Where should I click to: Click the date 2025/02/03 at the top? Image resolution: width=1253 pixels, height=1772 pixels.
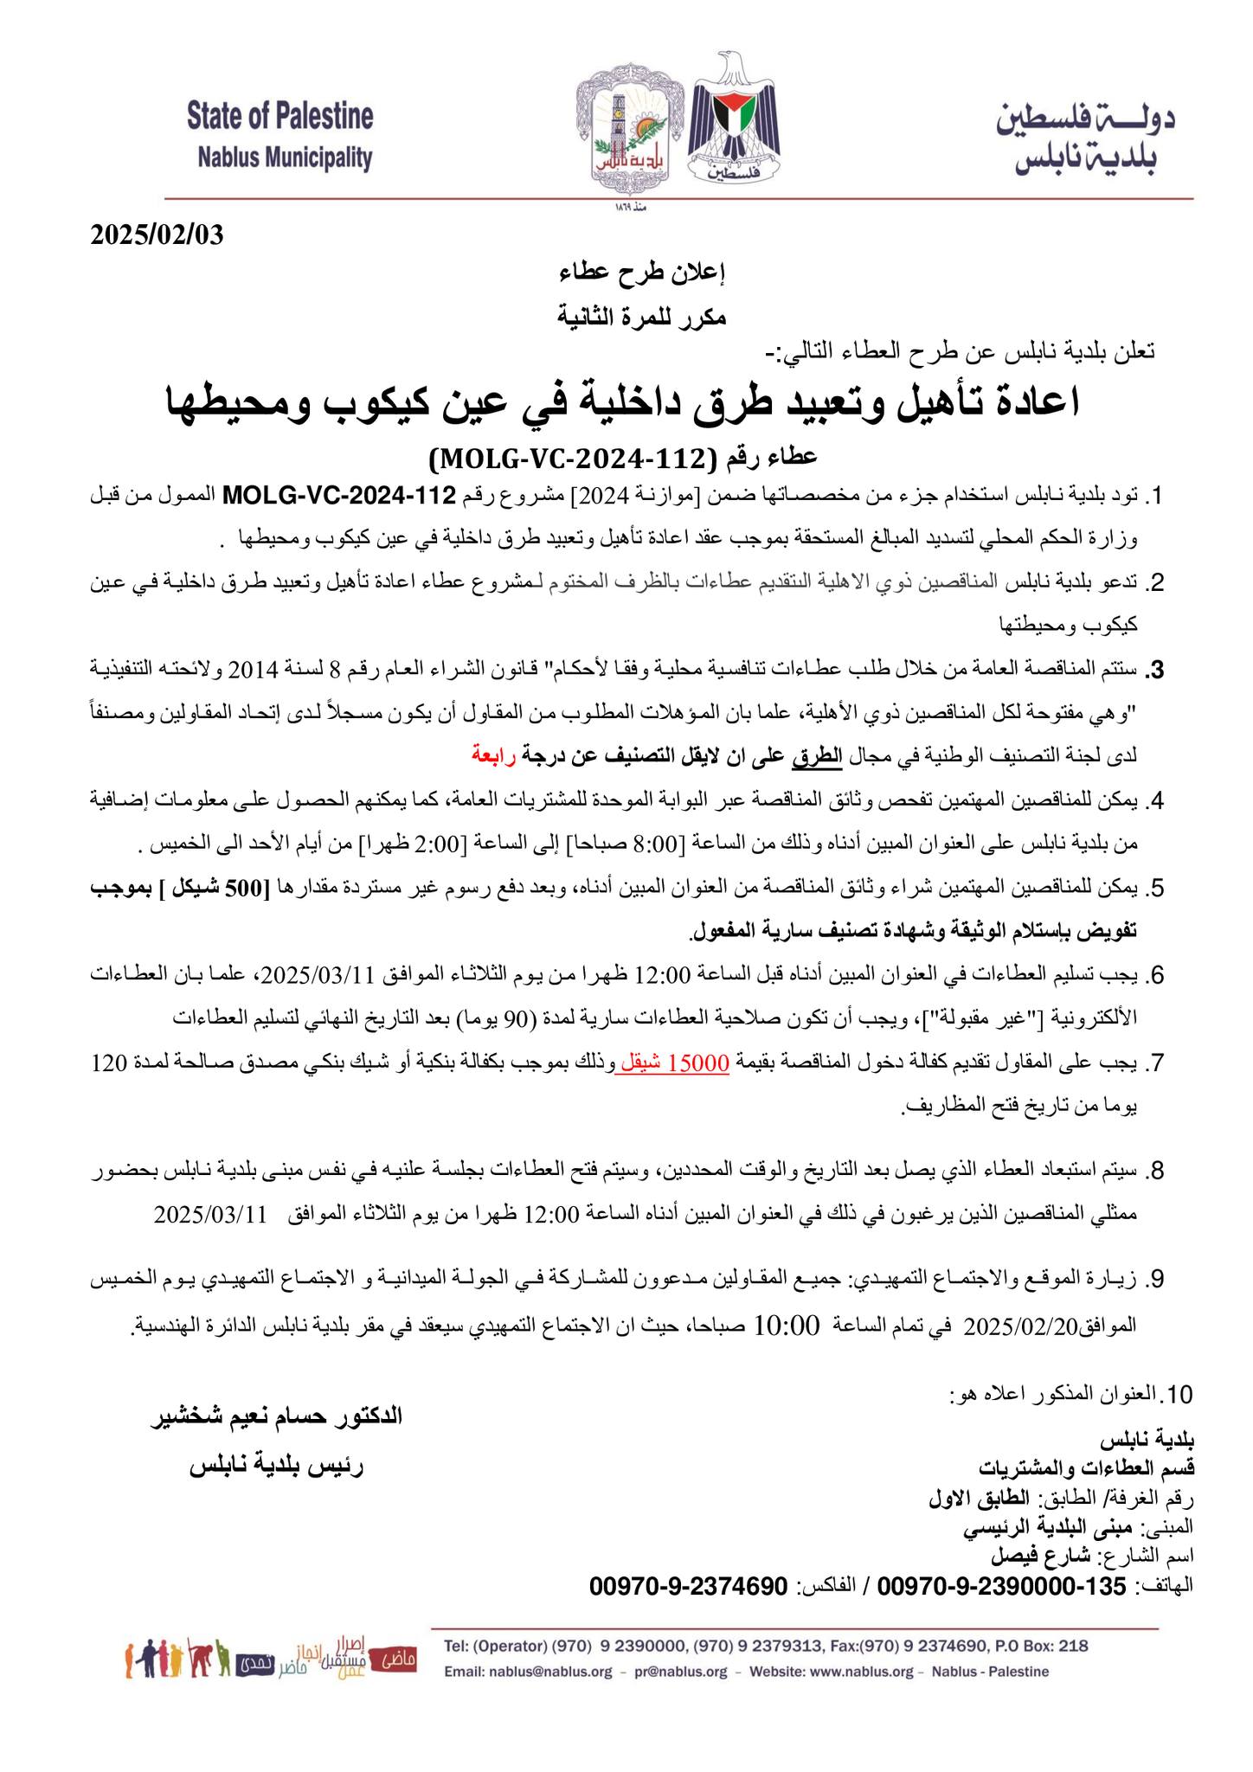[x=157, y=235]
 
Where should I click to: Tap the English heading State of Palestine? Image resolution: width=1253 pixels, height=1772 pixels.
[x=280, y=116]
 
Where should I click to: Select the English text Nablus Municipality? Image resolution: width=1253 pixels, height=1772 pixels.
[x=285, y=158]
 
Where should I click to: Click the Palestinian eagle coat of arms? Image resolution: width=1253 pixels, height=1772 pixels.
[x=733, y=121]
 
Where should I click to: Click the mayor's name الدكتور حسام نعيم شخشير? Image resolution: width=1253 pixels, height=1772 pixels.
[x=277, y=1416]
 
